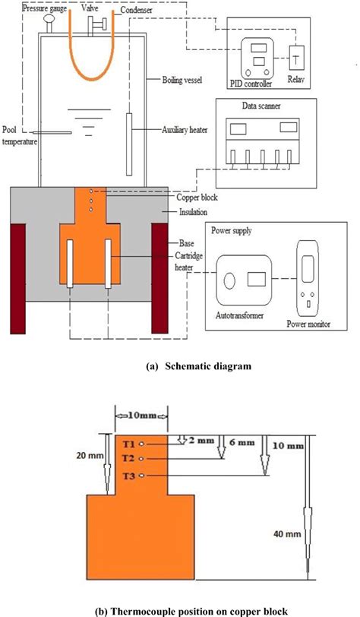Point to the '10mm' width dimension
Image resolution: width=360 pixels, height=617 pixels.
point(136,417)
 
